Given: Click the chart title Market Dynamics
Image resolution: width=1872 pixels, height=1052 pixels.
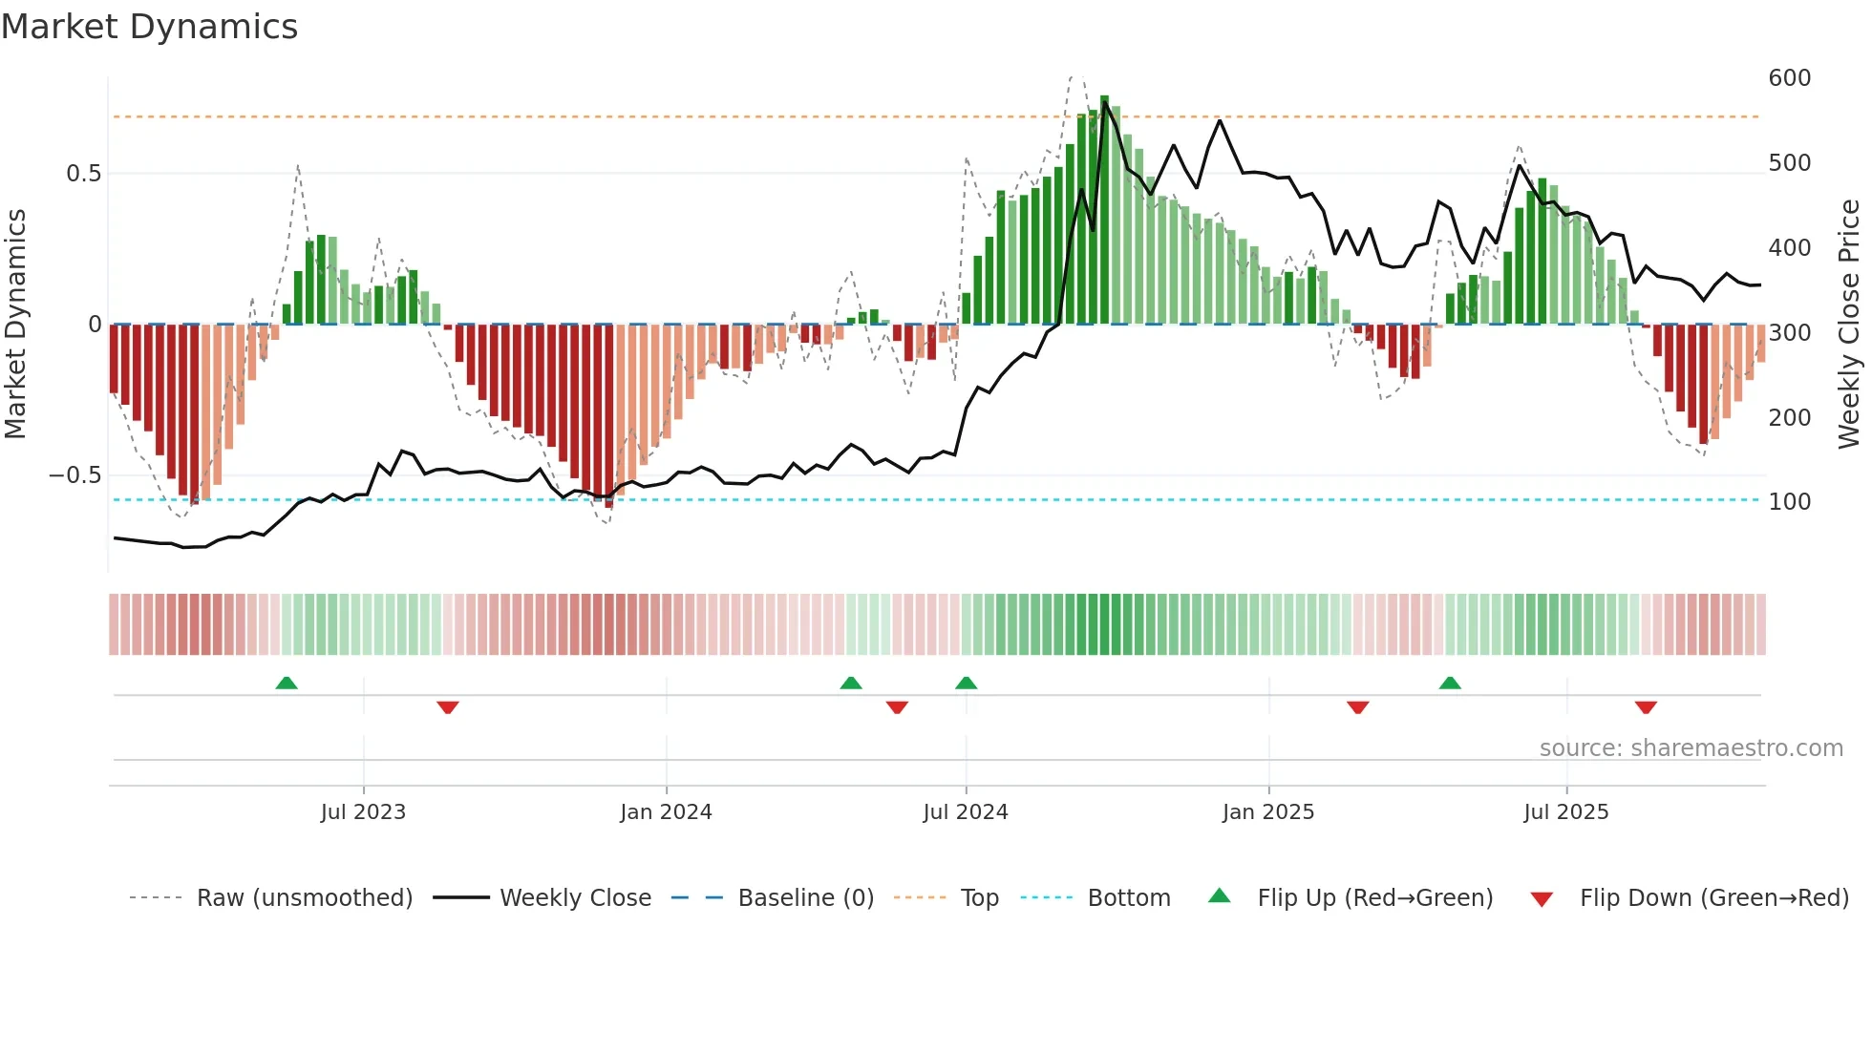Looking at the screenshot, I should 149,27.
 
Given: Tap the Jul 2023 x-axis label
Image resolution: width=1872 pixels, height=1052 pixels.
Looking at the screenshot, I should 363,811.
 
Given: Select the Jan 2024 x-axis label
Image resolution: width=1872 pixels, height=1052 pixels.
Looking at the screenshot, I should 666,811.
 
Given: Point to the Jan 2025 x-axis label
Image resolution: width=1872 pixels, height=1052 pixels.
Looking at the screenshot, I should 1268,811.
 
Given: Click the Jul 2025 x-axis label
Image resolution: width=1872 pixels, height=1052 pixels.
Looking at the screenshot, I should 1566,811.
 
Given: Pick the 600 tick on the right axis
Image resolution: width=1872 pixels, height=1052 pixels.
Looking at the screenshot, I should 1789,78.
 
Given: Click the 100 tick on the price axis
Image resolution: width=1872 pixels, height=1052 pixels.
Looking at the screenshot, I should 1789,502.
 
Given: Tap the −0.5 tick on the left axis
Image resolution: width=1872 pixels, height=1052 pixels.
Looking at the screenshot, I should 74,475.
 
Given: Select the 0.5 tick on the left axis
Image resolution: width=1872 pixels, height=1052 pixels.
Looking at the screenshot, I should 83,174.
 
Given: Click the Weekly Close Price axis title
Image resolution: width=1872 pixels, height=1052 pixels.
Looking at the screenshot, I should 1849,325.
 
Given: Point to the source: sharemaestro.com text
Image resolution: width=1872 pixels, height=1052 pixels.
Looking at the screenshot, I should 1691,748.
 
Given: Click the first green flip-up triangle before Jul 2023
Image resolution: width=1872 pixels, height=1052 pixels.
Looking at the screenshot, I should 287,683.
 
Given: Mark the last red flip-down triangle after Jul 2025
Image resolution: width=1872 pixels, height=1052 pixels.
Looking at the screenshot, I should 1646,707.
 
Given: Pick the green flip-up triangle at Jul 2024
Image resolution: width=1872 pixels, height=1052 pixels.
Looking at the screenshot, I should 966,683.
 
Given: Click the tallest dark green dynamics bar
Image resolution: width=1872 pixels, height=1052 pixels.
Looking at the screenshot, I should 1105,210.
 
